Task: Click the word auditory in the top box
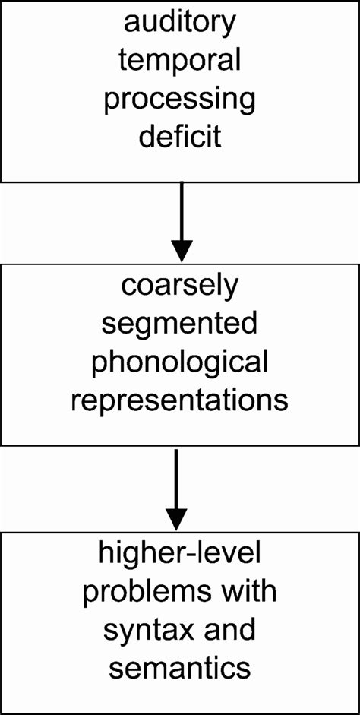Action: click(x=180, y=25)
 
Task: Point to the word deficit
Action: click(x=180, y=138)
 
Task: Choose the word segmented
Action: click(x=180, y=326)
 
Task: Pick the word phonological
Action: click(x=180, y=363)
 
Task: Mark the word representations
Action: click(x=180, y=400)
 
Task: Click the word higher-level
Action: click(x=180, y=556)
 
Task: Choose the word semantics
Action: click(x=180, y=668)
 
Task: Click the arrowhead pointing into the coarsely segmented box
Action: click(x=182, y=250)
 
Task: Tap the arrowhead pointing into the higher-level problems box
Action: click(x=176, y=518)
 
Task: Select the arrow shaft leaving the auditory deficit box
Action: click(x=182, y=209)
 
